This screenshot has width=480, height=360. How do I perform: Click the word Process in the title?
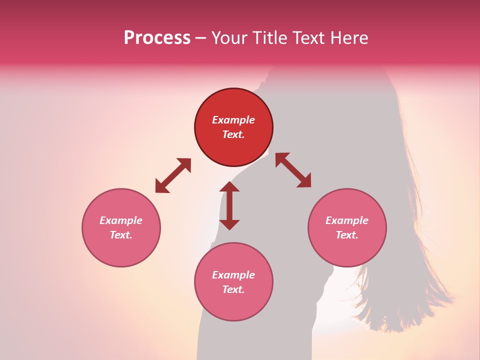coord(157,38)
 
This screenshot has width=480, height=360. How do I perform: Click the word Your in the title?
coord(229,38)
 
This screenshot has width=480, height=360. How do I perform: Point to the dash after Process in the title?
coord(200,39)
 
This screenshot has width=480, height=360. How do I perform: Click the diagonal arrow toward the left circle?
coord(173,175)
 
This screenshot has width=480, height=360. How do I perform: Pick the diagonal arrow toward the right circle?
coord(293,170)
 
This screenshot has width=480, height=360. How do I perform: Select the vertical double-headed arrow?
coord(229,205)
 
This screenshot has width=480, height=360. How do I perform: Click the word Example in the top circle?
coord(233,120)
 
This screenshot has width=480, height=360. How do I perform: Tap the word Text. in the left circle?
coord(121,235)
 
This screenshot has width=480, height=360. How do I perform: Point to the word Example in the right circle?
coord(347,220)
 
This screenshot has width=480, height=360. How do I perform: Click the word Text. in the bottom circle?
coord(233,289)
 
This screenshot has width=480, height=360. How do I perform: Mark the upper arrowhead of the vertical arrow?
coord(229,187)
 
